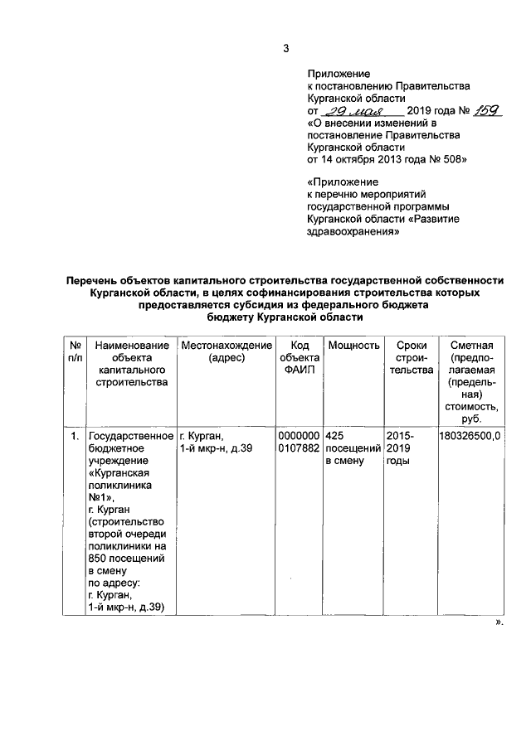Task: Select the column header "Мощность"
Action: [x=353, y=345]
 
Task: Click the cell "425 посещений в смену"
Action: [x=353, y=448]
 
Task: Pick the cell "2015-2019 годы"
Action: [x=404, y=448]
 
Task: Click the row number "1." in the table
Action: [x=74, y=436]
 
